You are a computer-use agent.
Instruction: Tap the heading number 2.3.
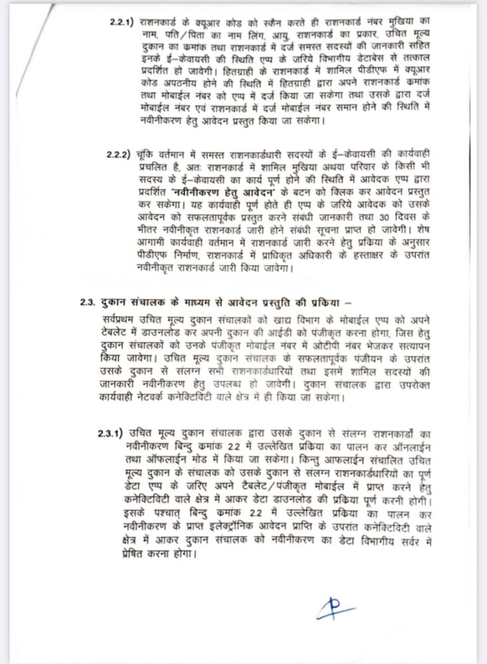87,299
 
